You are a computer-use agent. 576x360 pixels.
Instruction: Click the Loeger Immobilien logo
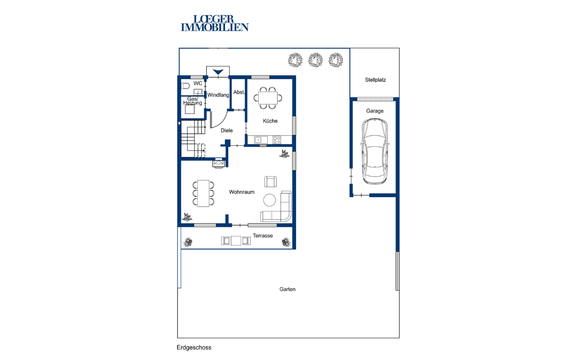tap(215, 23)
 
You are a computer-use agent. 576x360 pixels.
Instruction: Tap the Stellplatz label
tap(375, 80)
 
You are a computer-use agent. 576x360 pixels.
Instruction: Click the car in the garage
tap(375, 152)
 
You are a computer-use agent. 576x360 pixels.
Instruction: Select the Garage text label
tap(375, 111)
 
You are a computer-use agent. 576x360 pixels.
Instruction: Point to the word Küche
tap(270, 121)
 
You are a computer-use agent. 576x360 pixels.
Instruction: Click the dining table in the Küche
tap(268, 98)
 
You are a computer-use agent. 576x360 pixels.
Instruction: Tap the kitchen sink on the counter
tap(261, 140)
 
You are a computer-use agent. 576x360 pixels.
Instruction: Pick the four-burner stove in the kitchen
tap(277, 140)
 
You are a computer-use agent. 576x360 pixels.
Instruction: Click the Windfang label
tap(218, 95)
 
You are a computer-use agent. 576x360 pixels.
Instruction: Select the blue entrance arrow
tap(218, 72)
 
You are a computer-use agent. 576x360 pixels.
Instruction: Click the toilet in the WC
tap(185, 86)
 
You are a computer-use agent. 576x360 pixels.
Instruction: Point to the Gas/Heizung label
tap(193, 101)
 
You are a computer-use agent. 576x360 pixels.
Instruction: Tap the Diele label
tap(226, 130)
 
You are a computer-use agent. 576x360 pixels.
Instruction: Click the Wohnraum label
tap(242, 192)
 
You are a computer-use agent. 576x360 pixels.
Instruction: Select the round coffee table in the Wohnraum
tap(270, 200)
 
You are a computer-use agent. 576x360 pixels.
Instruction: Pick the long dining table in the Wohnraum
tap(203, 193)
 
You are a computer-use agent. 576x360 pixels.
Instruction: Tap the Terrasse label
tap(262, 236)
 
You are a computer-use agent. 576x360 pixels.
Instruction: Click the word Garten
tap(287, 289)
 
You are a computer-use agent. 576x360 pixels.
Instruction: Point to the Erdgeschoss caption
tap(194, 348)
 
